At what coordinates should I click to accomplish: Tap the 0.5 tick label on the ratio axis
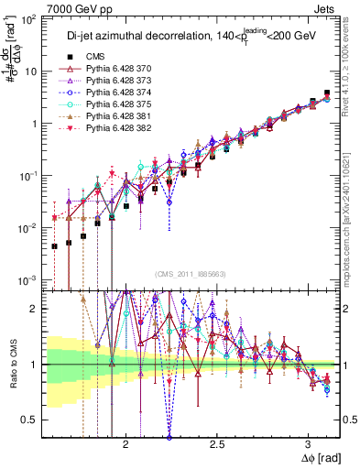(30, 420)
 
